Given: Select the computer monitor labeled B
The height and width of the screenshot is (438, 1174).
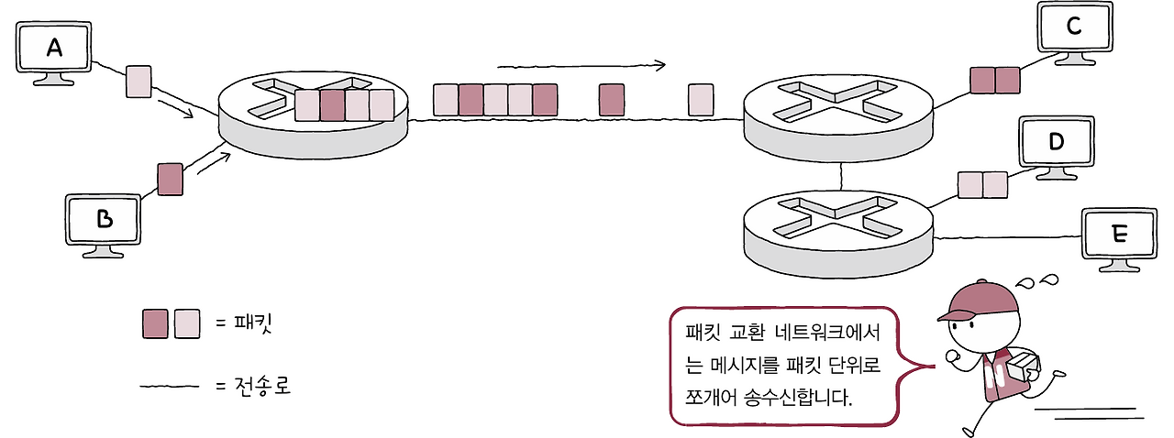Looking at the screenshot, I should tap(105, 220).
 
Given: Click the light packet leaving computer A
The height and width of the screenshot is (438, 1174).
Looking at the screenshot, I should tap(138, 82).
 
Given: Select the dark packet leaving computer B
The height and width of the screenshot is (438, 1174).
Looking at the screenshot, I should tap(170, 179).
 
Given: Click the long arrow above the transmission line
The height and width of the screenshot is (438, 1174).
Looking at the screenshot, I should tap(581, 66).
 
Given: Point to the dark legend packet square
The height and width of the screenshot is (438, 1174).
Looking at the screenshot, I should tap(155, 323).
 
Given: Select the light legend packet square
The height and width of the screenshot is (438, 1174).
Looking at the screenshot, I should tap(186, 323).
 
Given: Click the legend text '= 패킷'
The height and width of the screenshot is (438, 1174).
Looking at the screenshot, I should tap(244, 323).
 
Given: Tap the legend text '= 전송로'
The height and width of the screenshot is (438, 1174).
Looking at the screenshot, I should tap(252, 387).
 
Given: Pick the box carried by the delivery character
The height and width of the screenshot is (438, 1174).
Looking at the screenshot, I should tap(1024, 366).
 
